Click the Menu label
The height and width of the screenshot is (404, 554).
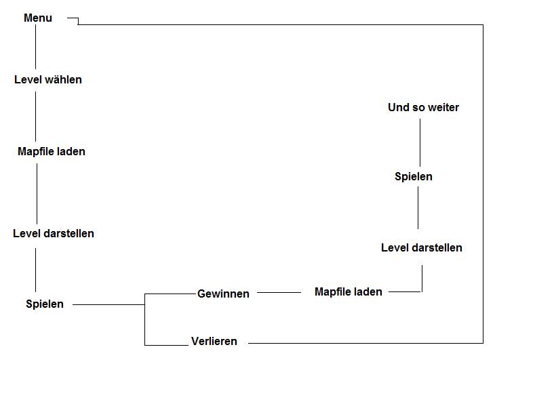point(38,18)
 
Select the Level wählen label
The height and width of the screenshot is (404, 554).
point(48,80)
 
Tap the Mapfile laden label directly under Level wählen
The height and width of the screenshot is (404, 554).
point(52,152)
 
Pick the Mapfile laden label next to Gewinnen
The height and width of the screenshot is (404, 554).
point(349,292)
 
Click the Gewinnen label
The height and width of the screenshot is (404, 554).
point(223,294)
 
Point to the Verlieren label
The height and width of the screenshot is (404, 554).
point(214,342)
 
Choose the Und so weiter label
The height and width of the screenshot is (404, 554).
point(423,108)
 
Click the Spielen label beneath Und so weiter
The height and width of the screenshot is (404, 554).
point(414,177)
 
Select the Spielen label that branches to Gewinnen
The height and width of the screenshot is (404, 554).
point(45,304)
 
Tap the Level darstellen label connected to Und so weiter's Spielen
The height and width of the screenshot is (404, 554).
point(422,248)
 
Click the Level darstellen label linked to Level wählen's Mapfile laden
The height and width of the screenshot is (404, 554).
point(54,234)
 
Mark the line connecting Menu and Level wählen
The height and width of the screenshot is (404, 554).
point(36,47)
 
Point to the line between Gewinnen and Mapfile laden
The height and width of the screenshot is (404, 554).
point(279,293)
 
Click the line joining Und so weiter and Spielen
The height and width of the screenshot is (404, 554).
point(420,142)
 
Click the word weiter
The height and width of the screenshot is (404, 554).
point(443,108)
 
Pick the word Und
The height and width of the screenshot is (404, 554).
point(397,108)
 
